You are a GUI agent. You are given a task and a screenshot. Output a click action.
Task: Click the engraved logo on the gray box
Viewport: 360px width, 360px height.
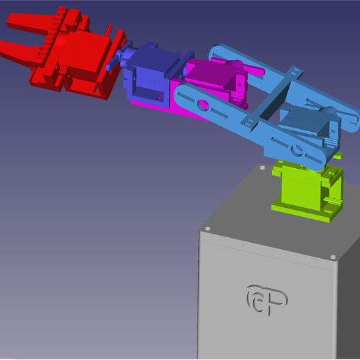click(267, 299)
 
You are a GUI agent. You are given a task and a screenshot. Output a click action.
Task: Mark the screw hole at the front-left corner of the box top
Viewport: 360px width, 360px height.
click(207, 228)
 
